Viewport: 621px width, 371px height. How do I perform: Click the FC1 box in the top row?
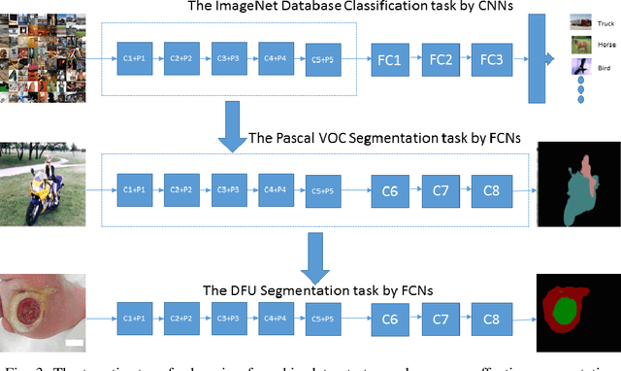point(390,60)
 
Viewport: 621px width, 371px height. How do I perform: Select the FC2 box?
point(441,60)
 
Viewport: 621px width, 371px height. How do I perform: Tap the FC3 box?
point(491,60)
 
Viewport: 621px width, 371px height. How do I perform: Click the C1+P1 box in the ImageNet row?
point(136,58)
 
